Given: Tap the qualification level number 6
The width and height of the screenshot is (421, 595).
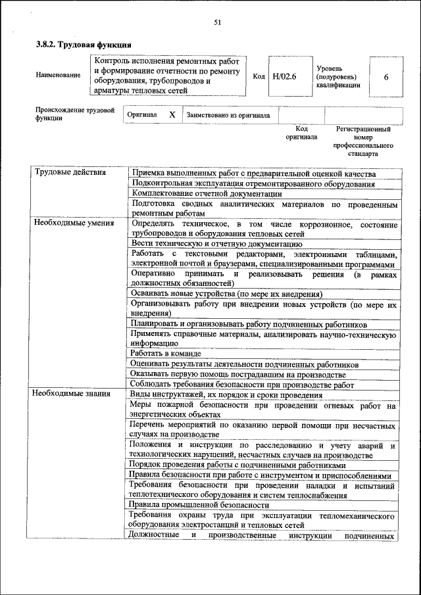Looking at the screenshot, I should [385, 77].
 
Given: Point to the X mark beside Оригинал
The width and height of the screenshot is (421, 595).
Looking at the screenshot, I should [172, 114].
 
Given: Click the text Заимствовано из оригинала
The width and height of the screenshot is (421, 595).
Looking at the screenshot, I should [228, 115].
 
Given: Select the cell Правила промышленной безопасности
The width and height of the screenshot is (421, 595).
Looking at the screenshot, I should [199, 505].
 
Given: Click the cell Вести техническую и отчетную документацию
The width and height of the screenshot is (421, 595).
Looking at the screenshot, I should [216, 243].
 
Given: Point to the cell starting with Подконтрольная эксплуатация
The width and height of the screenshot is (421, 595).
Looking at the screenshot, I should [253, 183].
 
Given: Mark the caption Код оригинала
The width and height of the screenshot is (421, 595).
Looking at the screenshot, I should [301, 133].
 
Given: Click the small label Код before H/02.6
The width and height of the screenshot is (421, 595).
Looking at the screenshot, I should [259, 76].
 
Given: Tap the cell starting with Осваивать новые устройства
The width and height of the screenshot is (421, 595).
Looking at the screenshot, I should [226, 294].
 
